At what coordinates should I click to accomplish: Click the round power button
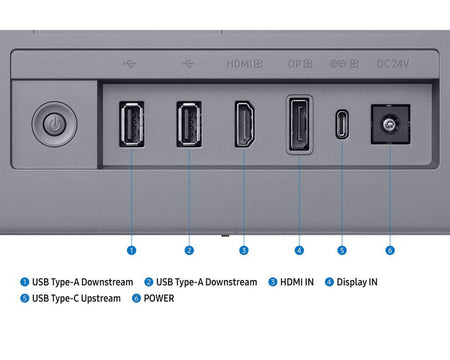[54, 124]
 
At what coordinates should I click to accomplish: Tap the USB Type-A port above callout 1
[132, 124]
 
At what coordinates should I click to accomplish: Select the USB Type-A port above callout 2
[189, 124]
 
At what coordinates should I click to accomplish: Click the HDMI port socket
[245, 124]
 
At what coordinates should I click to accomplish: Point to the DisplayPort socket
[299, 124]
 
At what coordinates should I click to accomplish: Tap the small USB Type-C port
[342, 124]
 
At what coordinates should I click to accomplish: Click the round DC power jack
[390, 124]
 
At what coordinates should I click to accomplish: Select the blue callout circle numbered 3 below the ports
[244, 250]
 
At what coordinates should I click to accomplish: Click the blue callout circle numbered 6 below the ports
[390, 250]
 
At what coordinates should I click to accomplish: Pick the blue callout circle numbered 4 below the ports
[299, 250]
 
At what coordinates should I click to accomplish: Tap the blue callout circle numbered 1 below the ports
[132, 250]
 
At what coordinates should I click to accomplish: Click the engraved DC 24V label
[393, 64]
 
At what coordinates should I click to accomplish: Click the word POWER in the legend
[159, 298]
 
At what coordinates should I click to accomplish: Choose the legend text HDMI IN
[297, 282]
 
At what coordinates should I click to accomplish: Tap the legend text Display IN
[357, 282]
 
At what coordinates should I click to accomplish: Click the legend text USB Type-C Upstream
[76, 298]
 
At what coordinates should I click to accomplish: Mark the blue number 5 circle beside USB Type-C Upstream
[25, 298]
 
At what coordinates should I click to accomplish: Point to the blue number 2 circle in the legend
[149, 282]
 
